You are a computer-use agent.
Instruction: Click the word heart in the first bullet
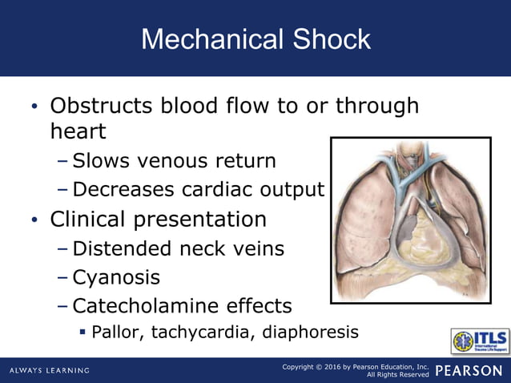tap(78, 131)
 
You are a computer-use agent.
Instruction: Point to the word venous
tap(175, 161)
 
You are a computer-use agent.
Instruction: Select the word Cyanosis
tap(116, 278)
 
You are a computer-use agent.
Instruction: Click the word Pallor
tap(117, 332)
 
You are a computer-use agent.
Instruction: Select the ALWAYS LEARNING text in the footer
tap(50, 371)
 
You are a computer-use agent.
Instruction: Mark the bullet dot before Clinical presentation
tap(33, 220)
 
